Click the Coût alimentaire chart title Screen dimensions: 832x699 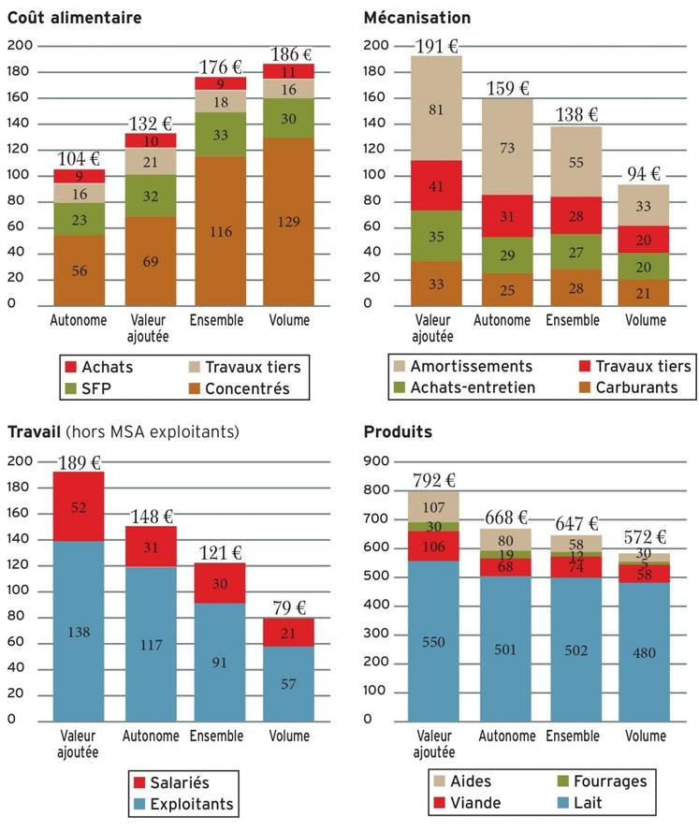75,18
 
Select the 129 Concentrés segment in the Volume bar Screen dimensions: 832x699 288,221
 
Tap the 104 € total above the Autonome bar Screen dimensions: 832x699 79,158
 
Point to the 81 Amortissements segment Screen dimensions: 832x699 436,109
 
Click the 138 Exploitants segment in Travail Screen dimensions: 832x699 79,632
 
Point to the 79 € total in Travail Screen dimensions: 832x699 288,608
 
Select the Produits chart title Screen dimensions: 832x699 398,431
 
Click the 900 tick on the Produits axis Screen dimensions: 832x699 374,461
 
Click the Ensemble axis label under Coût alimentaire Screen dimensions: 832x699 217,320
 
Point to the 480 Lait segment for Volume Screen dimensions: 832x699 646,652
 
